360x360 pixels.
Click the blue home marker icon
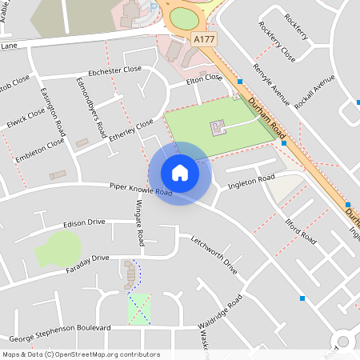pos(180,173)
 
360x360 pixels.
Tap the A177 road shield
pos(204,38)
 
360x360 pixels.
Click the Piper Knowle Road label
pos(142,190)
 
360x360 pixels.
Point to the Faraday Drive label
pos(88,258)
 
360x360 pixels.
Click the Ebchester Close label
pos(115,70)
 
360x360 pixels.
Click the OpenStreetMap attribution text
pos(80,354)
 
